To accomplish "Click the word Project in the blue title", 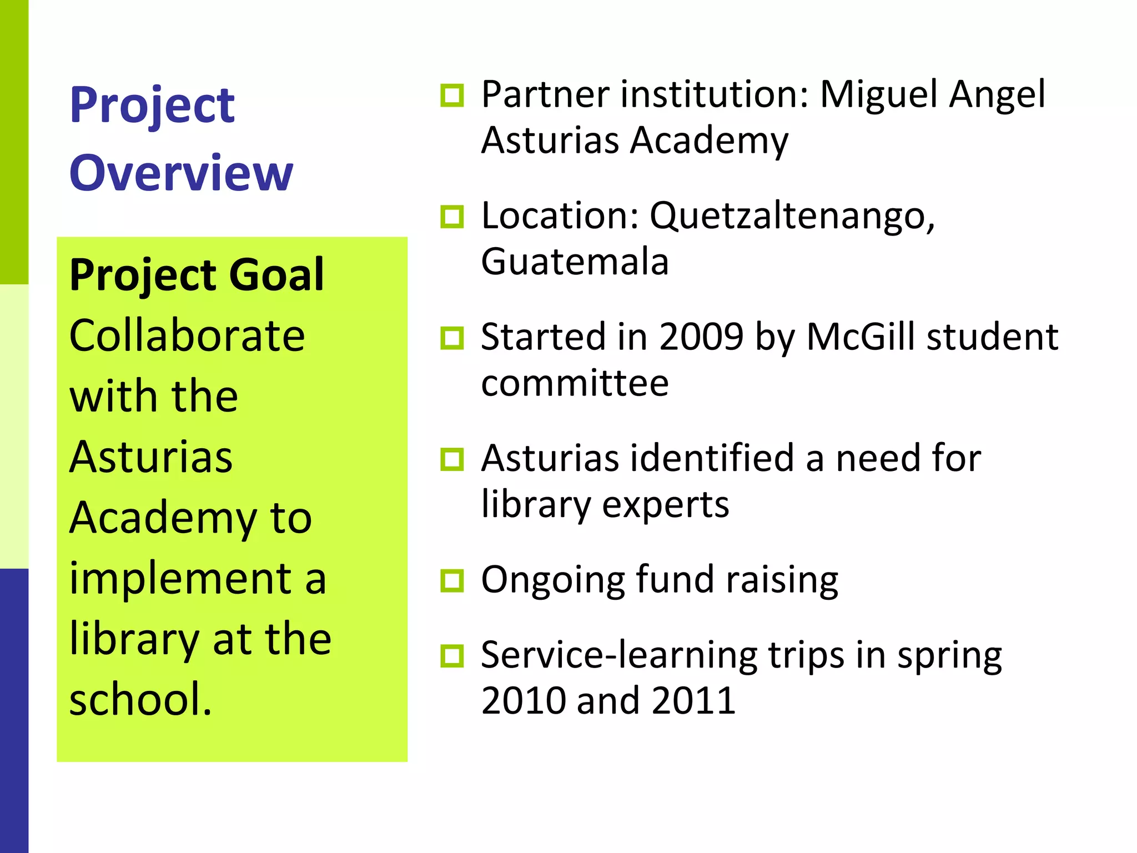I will (x=152, y=106).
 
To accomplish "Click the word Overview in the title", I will (x=181, y=173).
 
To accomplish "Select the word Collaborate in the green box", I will (x=187, y=335).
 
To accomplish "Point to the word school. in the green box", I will (x=140, y=699).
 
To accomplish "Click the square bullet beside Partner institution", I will (x=452, y=96).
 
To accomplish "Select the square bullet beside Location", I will (x=452, y=217).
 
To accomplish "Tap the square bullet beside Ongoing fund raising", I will (x=452, y=581).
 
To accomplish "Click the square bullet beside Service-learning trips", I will (x=452, y=656).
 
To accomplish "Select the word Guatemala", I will (x=575, y=262).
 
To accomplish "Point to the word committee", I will (x=575, y=383).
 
